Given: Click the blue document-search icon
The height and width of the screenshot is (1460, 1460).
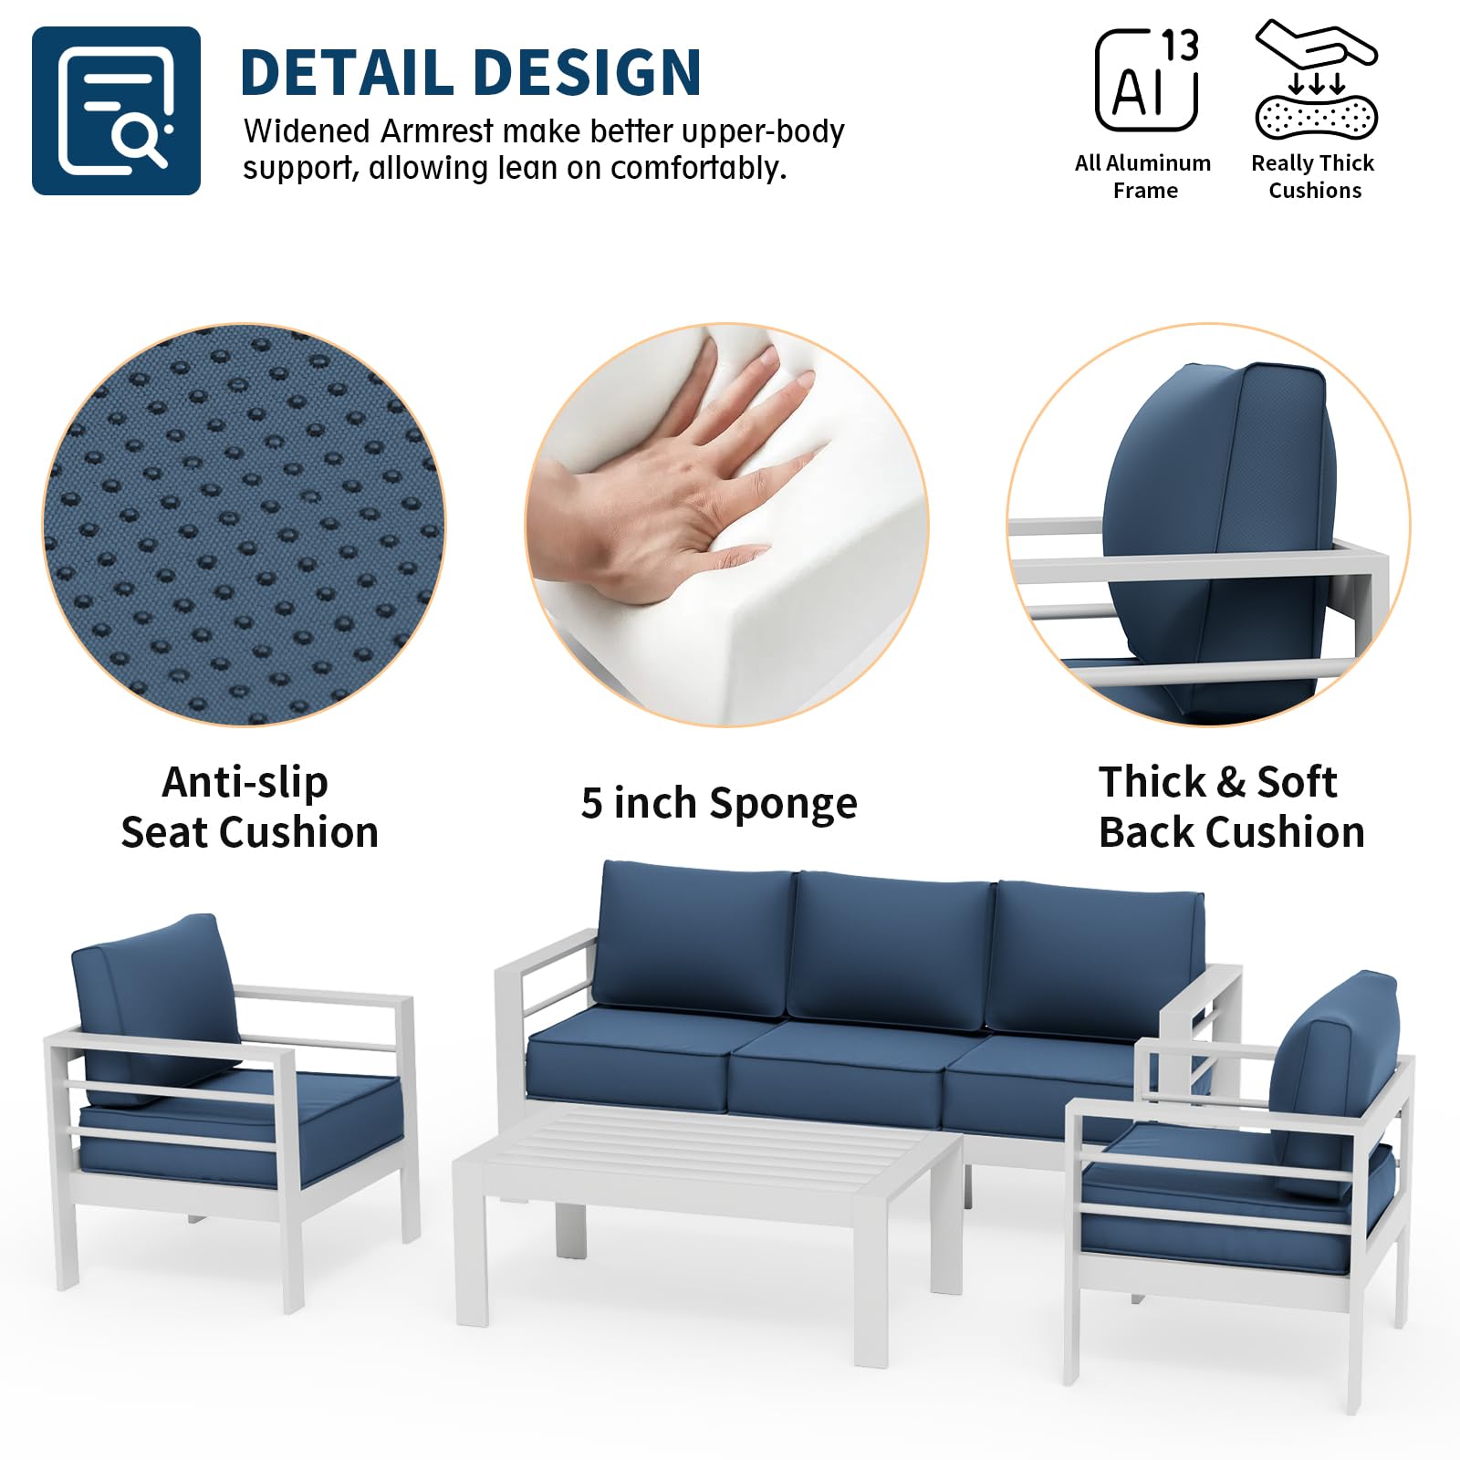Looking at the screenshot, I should coord(116,110).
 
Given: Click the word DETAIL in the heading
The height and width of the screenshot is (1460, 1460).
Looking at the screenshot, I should coord(347,73).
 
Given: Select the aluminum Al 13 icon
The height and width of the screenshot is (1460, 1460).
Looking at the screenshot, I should coord(1146,80).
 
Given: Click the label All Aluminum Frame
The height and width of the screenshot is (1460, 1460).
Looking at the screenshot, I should coord(1143,176).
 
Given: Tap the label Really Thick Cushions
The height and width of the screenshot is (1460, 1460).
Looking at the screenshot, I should coord(1313,176).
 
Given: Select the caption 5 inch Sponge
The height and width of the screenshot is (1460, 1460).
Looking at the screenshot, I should coord(719,803).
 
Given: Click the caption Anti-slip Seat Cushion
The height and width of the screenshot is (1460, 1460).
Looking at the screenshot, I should coord(248,807).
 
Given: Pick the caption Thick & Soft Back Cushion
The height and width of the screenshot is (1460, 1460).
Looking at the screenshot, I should coord(1230,807).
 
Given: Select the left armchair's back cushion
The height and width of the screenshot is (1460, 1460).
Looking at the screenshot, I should coord(151,1004).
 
